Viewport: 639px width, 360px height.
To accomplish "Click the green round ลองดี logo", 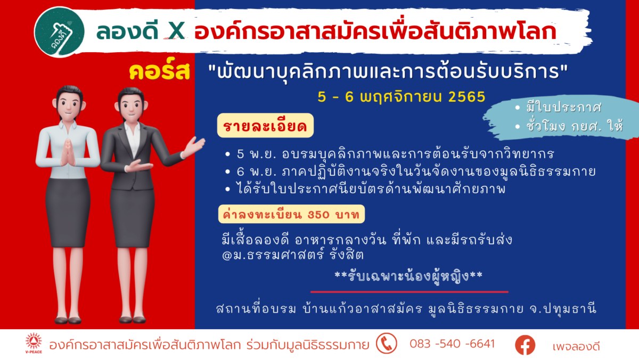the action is [59, 32].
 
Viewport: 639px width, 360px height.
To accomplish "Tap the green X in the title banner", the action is [176, 31].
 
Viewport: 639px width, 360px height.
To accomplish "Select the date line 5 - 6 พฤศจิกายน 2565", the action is [402, 97].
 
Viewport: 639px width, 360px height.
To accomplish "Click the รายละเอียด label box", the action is [265, 126].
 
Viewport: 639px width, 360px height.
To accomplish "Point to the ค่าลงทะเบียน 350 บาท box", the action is [291, 214].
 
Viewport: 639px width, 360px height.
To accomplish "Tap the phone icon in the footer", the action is [386, 343].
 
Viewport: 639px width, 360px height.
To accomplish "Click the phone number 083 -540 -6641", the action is [452, 343].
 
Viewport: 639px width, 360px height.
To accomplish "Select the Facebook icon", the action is [525, 345].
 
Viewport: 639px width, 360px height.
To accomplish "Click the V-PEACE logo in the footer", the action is [34, 343].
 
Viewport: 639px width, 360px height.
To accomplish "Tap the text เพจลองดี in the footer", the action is [576, 346].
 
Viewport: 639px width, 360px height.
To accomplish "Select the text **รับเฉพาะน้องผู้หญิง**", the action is [408, 276].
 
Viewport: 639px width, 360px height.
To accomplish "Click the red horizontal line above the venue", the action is [409, 292].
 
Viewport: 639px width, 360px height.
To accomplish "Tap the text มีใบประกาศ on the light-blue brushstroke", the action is [564, 108].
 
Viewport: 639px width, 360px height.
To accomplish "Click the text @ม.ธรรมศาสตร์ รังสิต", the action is [293, 255].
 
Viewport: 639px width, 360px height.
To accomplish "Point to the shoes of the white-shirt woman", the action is [68, 320].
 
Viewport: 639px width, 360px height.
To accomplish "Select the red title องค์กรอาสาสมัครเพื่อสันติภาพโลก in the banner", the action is [375, 31].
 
